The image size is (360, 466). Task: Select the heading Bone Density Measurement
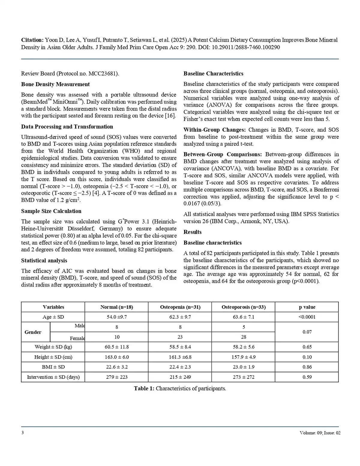point(55,84)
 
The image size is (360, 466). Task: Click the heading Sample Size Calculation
point(51,211)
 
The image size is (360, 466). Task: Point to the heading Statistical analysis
point(44,260)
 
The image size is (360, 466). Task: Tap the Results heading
point(192,232)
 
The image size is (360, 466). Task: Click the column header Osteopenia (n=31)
point(180,307)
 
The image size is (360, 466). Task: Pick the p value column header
point(307,307)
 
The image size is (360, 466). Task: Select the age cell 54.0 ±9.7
point(117,317)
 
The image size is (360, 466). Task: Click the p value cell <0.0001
point(307,317)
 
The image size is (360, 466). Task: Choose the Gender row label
point(33,332)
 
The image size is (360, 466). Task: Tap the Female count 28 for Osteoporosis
point(244,337)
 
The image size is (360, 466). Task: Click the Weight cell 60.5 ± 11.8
point(117,347)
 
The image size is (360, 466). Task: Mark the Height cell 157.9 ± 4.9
point(244,357)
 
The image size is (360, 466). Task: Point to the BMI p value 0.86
point(307,367)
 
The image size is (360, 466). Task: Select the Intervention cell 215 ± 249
point(180,377)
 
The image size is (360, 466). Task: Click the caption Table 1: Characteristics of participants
point(180,389)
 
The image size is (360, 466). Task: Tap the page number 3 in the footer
point(22,433)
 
